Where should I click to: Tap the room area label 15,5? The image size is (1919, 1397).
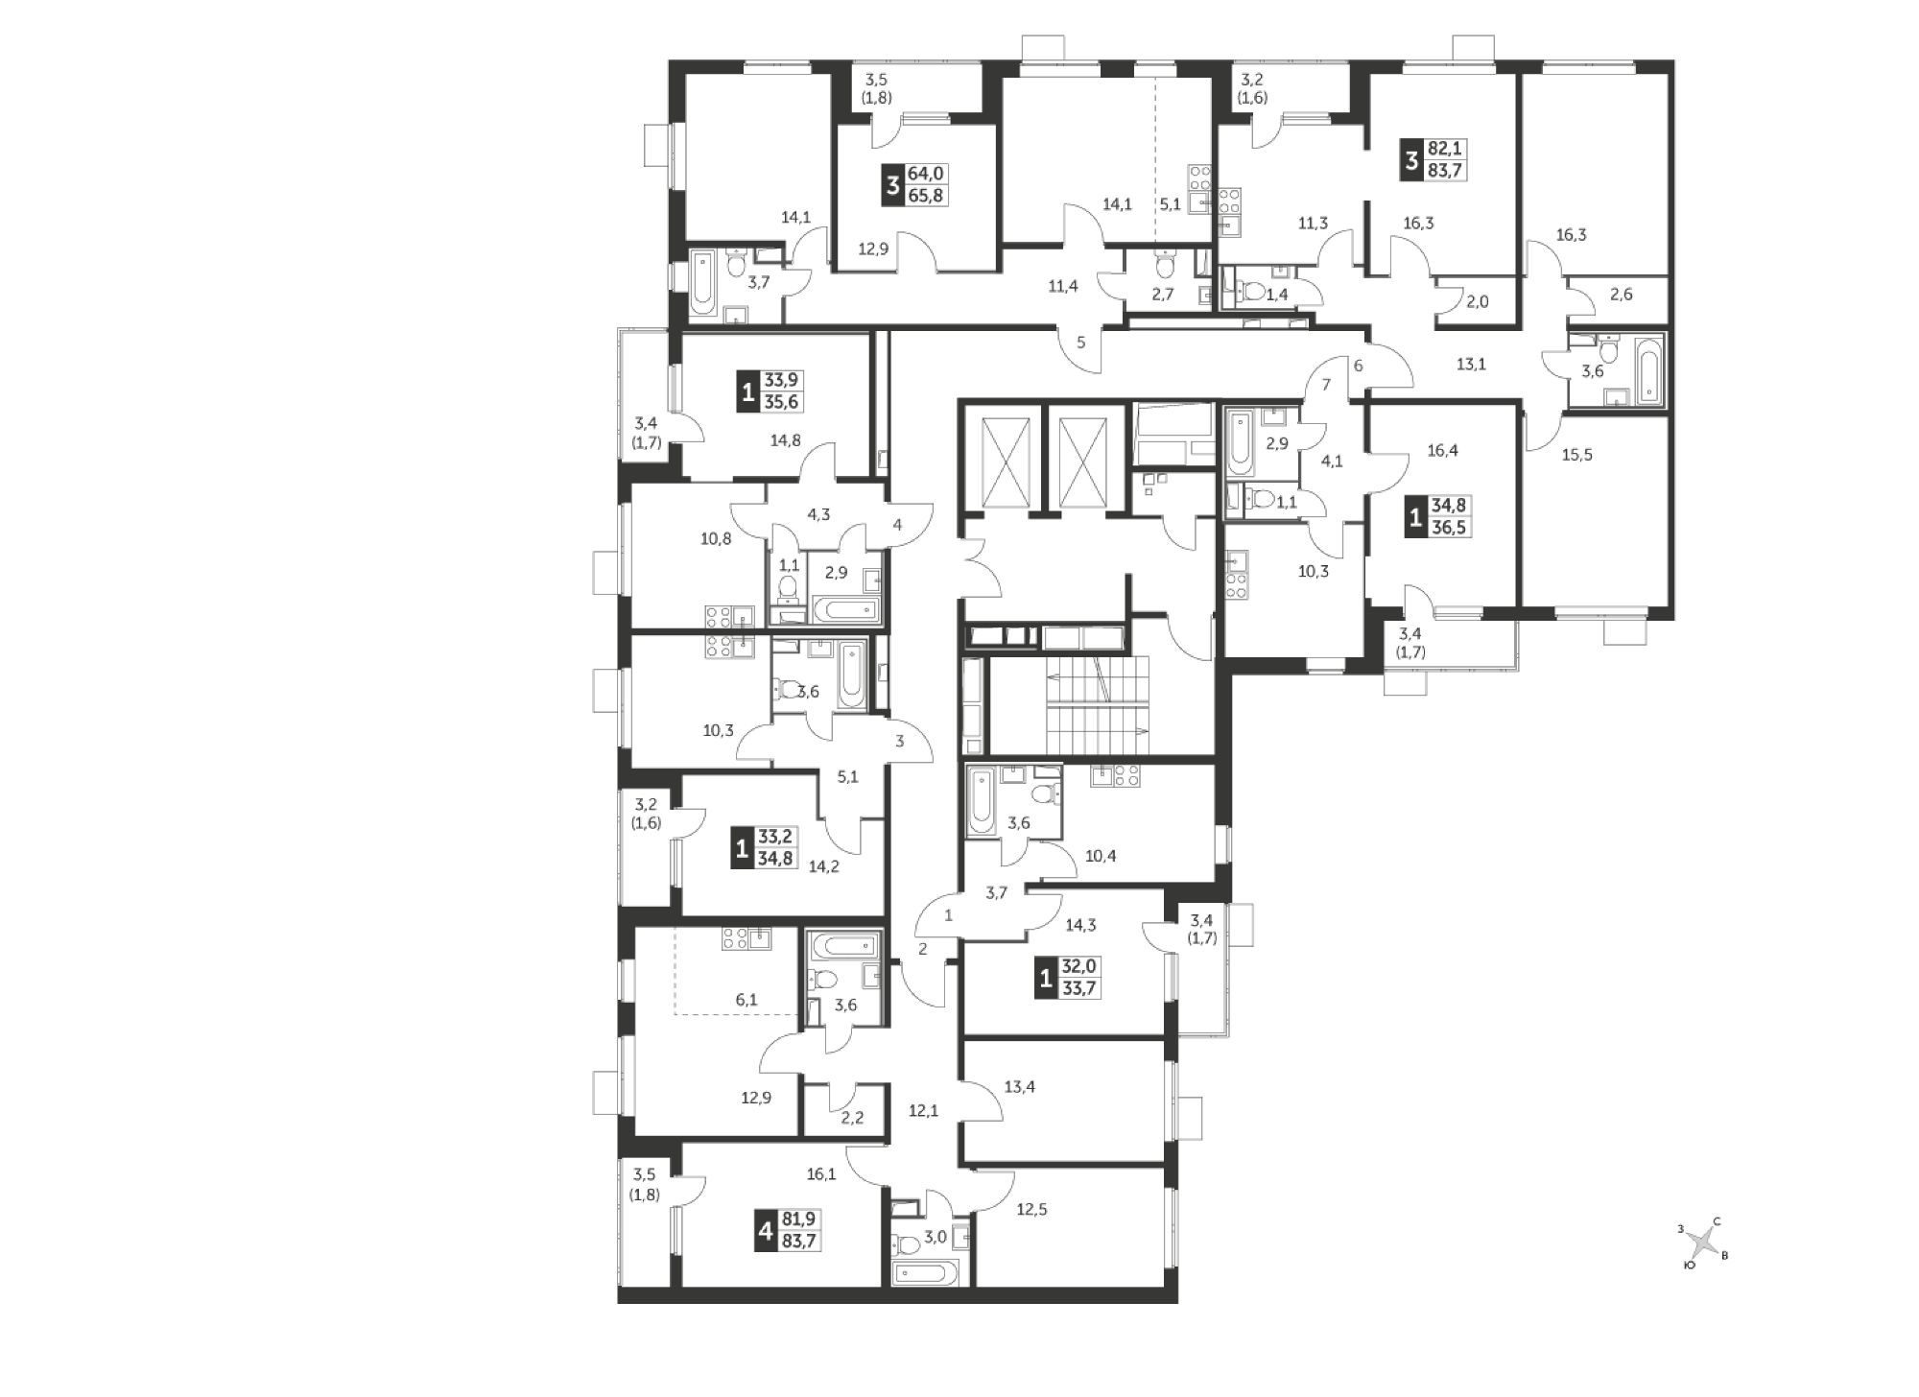[x=1576, y=455]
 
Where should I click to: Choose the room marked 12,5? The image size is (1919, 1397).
[x=1031, y=1210]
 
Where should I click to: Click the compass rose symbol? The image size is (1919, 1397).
[x=1703, y=1245]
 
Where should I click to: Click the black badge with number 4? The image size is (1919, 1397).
[x=765, y=1231]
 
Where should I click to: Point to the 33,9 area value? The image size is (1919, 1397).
[x=781, y=380]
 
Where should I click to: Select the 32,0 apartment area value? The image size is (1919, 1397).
[x=1079, y=970]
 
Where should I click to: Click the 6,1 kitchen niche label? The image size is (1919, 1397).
[x=746, y=1000]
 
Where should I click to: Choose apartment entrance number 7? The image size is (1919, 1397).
[x=1326, y=385]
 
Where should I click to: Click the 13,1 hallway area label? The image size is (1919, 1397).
[x=1470, y=364]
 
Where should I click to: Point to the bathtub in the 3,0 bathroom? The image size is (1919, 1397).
[x=925, y=1273]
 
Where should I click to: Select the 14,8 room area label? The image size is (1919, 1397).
[x=785, y=440]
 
